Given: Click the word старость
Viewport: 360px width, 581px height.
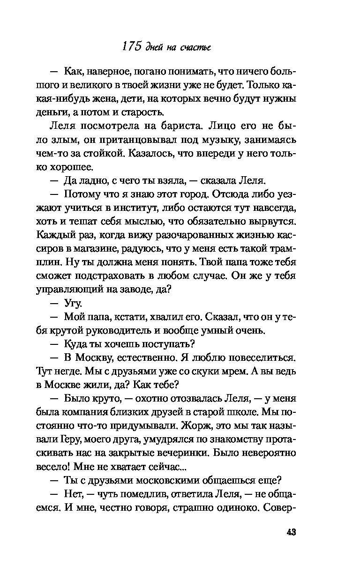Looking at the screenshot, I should coord(132,113).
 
